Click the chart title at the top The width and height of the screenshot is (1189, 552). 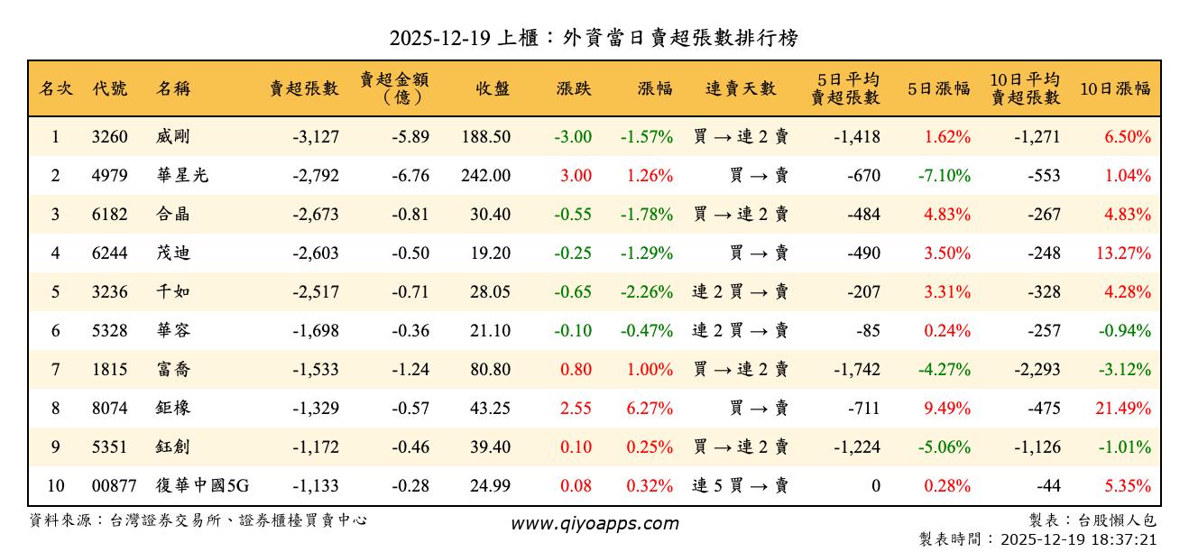click(594, 38)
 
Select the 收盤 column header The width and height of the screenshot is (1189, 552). click(493, 88)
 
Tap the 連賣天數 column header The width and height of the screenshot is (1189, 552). click(741, 88)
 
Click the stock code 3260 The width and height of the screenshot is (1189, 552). click(110, 137)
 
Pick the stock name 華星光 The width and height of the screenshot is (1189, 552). click(182, 176)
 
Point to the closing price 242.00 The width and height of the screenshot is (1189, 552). click(485, 176)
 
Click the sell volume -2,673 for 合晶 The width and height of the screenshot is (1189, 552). click(316, 215)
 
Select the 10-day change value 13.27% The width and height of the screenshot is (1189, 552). click(1123, 253)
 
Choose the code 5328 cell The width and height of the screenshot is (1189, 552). click(110, 331)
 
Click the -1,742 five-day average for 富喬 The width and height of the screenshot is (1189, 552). click(856, 370)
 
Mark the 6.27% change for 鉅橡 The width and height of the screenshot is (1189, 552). click(650, 409)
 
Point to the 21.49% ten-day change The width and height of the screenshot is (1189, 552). click(1123, 409)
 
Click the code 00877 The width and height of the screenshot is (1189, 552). click(114, 486)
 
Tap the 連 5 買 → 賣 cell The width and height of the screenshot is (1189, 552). click(741, 486)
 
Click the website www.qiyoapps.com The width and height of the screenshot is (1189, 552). click(594, 523)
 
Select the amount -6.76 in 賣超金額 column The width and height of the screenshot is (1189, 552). click(410, 176)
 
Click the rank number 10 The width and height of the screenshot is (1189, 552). click(56, 486)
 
